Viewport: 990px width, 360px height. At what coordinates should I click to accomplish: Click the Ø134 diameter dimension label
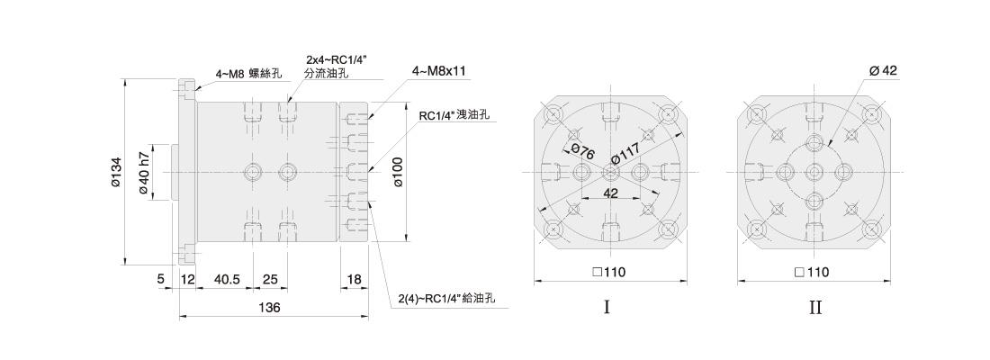pos(115,172)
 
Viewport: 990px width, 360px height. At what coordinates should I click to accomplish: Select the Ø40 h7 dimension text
pos(143,173)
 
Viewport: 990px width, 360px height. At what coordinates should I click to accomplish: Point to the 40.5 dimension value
pos(228,278)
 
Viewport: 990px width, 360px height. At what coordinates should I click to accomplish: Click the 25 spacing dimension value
pos(270,278)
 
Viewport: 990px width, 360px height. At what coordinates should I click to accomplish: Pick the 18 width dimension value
pos(355,278)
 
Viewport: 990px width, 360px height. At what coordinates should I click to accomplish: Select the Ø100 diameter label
pos(398,172)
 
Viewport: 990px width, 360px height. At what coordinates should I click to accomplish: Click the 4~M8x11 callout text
pos(439,71)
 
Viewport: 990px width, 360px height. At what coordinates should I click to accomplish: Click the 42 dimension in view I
pos(610,193)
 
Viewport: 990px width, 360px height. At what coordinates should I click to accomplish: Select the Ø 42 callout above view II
pos(883,71)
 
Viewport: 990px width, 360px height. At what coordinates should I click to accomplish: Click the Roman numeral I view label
pos(607,308)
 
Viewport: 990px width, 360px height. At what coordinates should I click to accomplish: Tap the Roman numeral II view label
pos(815,308)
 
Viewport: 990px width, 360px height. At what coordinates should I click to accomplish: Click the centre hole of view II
pos(814,171)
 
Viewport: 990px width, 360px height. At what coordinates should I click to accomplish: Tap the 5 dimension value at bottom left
pos(161,278)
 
